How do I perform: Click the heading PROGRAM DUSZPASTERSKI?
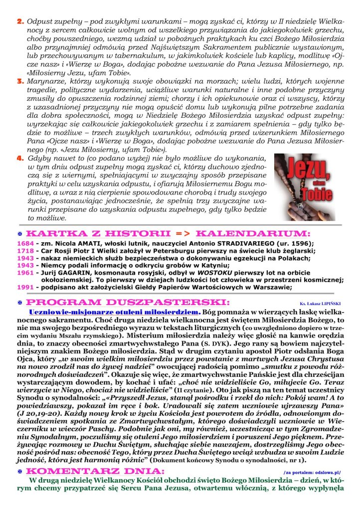coord(127,303)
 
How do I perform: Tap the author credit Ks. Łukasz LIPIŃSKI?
coord(322,304)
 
